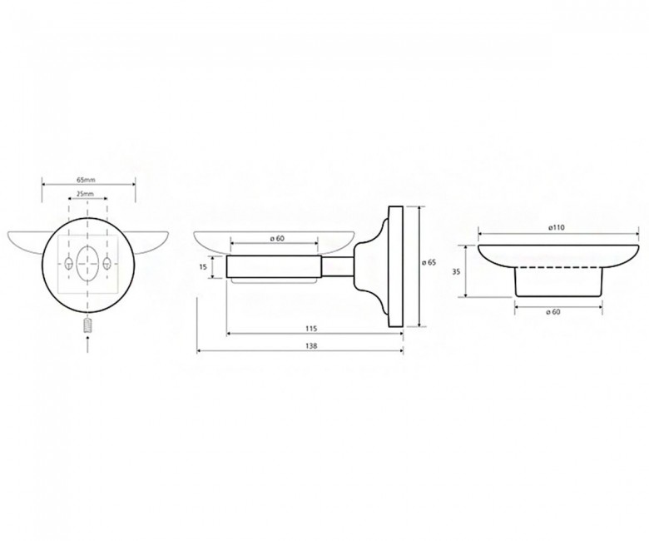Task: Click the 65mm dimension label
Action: (86, 180)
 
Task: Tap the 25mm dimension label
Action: (86, 193)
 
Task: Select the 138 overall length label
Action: (312, 346)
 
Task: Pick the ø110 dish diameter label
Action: (557, 227)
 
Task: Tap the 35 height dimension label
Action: (456, 272)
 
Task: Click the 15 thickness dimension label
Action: (203, 267)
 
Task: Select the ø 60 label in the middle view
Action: (276, 238)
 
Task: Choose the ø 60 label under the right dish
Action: (553, 312)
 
